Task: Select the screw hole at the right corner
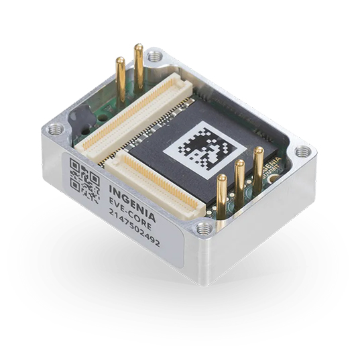pos(303,152)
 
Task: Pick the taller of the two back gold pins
pos(139,67)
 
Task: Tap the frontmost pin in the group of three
pos(222,194)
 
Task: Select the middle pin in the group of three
pos(239,181)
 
